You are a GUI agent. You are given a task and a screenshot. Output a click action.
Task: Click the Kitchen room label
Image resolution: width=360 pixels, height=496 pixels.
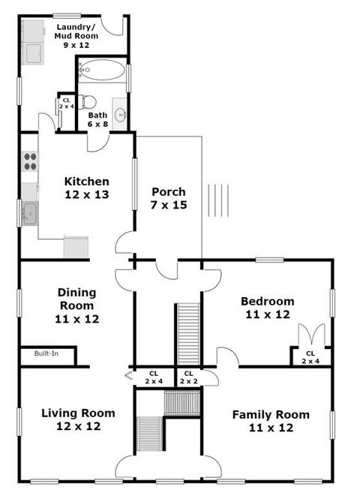(x=86, y=188)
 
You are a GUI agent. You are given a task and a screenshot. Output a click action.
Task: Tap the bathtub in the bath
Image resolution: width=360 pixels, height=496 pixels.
(x=102, y=70)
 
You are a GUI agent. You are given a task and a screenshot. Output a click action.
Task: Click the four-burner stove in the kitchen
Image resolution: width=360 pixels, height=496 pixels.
(x=30, y=161)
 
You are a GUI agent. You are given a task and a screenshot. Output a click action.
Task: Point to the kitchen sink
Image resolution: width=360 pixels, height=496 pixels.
(x=29, y=214)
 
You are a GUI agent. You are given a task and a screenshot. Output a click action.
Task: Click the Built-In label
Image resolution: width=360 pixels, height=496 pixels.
(x=46, y=353)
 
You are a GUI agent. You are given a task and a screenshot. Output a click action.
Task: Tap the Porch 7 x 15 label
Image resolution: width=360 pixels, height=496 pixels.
(x=169, y=198)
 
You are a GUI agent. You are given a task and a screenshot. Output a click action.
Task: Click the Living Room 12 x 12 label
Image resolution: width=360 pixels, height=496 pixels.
(x=78, y=419)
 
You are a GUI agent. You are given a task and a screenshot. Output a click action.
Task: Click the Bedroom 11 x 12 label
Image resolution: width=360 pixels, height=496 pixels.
(x=268, y=308)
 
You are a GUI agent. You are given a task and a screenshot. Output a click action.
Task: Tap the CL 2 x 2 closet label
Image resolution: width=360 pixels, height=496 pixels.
(x=189, y=377)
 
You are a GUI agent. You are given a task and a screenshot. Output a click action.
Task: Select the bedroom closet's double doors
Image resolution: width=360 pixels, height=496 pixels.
(x=312, y=334)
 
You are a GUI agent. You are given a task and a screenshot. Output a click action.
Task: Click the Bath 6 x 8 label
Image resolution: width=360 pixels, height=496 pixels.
(x=97, y=119)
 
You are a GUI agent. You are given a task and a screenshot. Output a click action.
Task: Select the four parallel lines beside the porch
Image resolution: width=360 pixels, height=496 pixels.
(x=218, y=200)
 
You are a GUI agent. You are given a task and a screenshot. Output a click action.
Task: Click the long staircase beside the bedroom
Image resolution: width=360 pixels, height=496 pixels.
(x=189, y=335)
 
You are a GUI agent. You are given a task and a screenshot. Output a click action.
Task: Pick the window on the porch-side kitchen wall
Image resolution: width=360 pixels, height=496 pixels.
(x=135, y=184)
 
